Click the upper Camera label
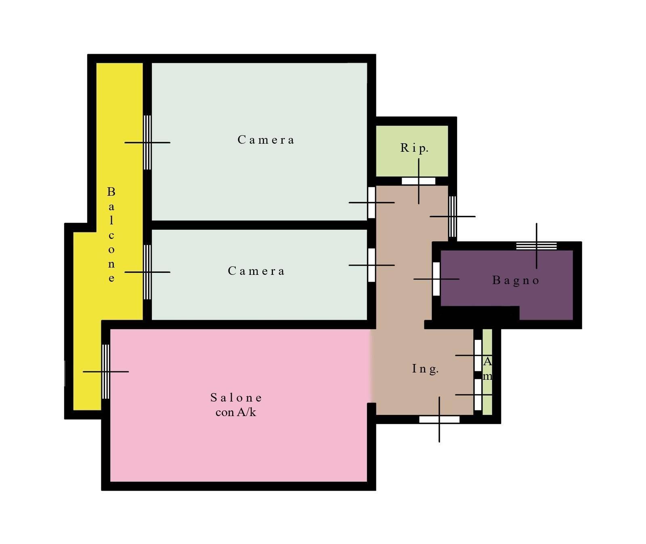(266, 140)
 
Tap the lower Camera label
(256, 271)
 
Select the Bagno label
(516, 280)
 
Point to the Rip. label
(414, 148)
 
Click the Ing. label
(425, 369)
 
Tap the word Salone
(236, 398)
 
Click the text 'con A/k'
(236, 412)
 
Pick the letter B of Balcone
(111, 192)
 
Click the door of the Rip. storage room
(418, 181)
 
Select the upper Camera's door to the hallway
(371, 203)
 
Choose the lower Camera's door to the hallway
(371, 265)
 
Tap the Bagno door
(436, 279)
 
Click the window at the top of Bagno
(536, 246)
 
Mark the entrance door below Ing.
(439, 420)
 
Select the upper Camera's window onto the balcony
(147, 142)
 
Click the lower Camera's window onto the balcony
(147, 272)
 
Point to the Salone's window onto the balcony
(105, 372)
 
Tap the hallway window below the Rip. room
(453, 217)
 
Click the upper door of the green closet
(478, 356)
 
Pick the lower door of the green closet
(478, 395)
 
